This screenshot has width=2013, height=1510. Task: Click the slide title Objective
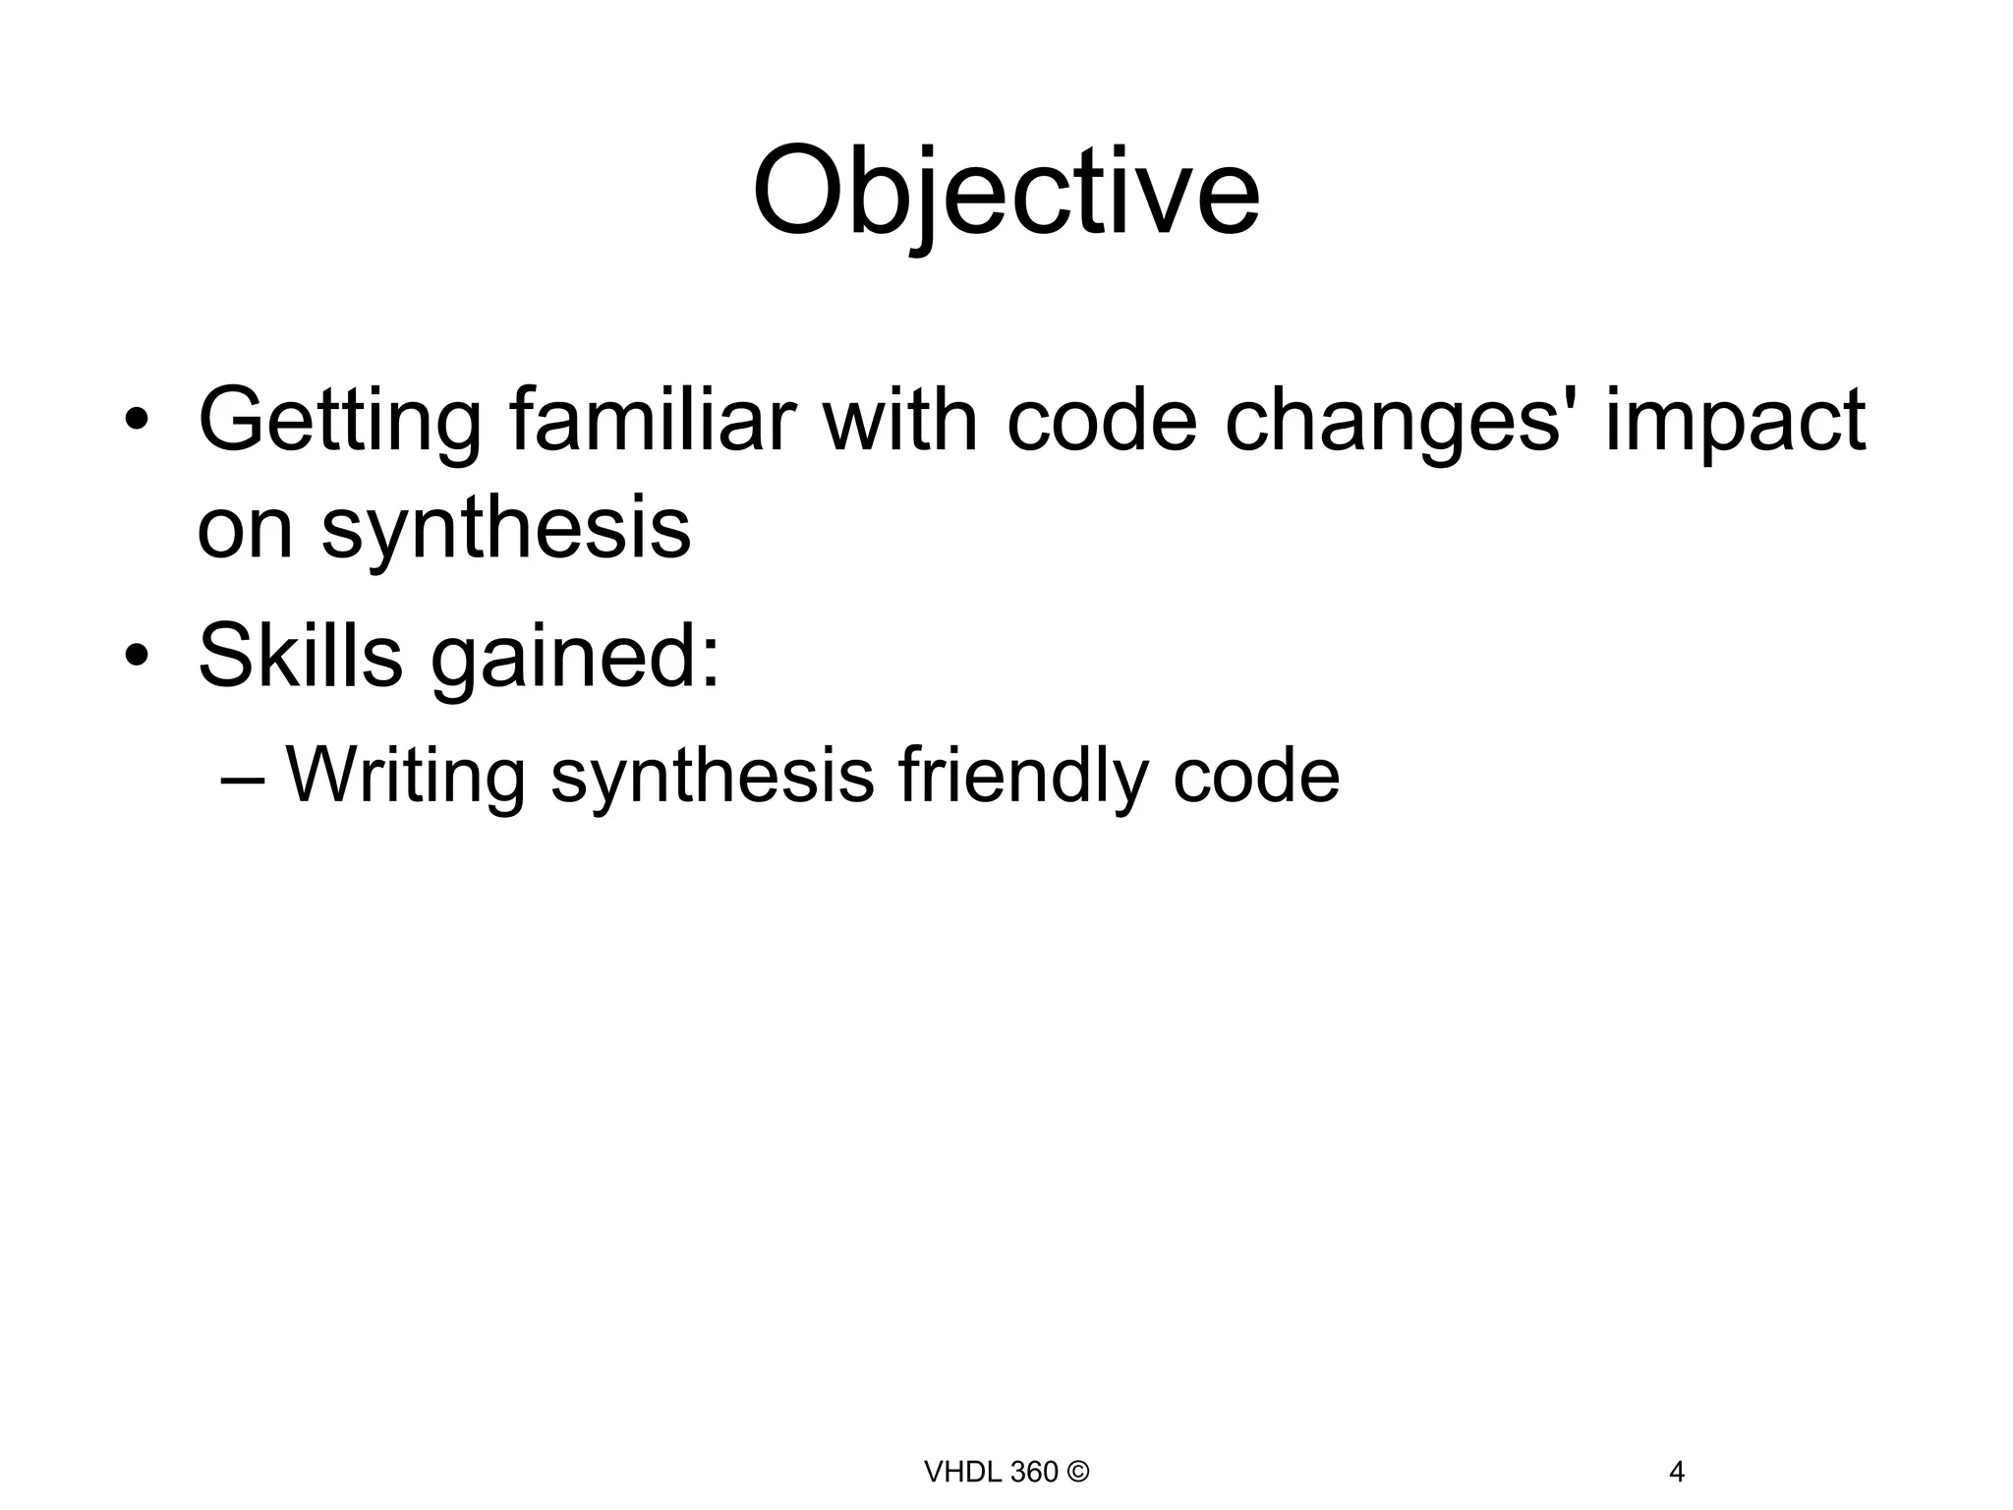1006,192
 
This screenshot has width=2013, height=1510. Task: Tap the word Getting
340,423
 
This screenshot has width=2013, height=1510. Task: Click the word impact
1735,423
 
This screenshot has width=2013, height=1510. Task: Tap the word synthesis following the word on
506,531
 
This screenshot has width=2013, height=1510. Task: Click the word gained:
575,657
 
